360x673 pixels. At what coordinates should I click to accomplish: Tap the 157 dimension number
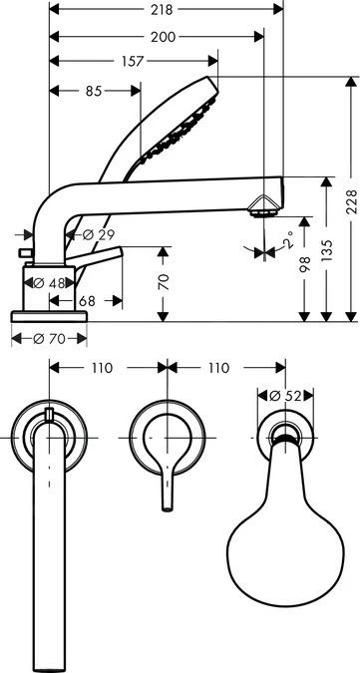(x=134, y=62)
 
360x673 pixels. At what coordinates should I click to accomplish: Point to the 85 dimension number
(x=95, y=91)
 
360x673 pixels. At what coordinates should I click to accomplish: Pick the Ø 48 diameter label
(x=49, y=283)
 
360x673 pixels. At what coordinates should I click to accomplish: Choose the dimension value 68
(x=86, y=300)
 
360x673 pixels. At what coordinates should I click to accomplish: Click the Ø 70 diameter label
(x=50, y=338)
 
